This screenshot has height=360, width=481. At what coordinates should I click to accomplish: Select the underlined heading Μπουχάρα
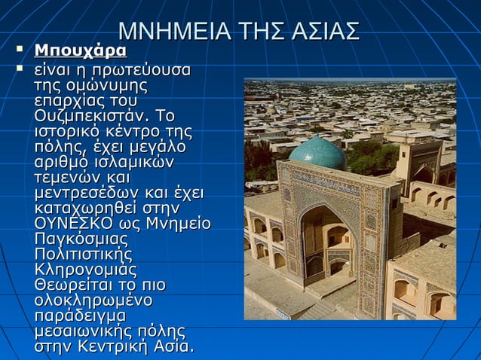click(81, 51)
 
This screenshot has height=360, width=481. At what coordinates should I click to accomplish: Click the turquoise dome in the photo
click(317, 154)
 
